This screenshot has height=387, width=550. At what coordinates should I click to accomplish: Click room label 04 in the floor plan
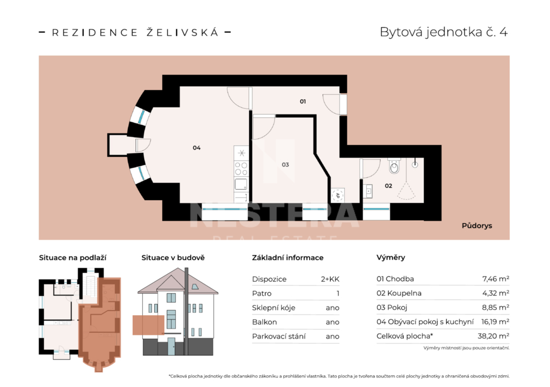click(x=197, y=148)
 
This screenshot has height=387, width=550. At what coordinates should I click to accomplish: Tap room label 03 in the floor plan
click(x=285, y=164)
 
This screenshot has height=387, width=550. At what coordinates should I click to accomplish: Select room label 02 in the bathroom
click(x=388, y=186)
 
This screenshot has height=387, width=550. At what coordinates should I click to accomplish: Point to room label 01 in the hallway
click(x=303, y=101)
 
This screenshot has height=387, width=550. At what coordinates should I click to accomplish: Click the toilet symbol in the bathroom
click(x=394, y=166)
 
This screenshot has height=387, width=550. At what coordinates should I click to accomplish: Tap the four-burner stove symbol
click(x=241, y=168)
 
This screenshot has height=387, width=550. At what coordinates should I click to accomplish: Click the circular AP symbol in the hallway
click(x=337, y=195)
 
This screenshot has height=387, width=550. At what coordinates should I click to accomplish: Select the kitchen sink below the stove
click(x=241, y=184)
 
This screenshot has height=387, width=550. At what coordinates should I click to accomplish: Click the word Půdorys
click(x=477, y=226)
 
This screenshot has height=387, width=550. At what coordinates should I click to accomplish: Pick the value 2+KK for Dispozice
click(x=330, y=280)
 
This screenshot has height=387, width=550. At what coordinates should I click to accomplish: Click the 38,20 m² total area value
click(x=493, y=336)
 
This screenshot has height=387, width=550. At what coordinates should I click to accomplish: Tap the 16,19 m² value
click(x=495, y=322)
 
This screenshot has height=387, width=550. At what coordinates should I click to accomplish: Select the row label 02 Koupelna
click(x=399, y=294)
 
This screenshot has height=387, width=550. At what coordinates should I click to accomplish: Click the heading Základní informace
click(x=288, y=258)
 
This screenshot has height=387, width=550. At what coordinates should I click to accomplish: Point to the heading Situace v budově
click(x=173, y=258)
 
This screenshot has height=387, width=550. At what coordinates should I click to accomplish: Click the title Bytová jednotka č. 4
click(x=444, y=32)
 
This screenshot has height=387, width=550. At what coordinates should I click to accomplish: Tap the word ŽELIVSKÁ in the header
click(x=183, y=32)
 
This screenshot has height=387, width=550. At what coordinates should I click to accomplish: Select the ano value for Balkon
click(x=332, y=322)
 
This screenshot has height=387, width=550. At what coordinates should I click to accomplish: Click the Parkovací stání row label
click(x=279, y=337)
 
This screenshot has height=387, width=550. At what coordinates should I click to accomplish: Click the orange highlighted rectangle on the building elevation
click(x=148, y=325)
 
